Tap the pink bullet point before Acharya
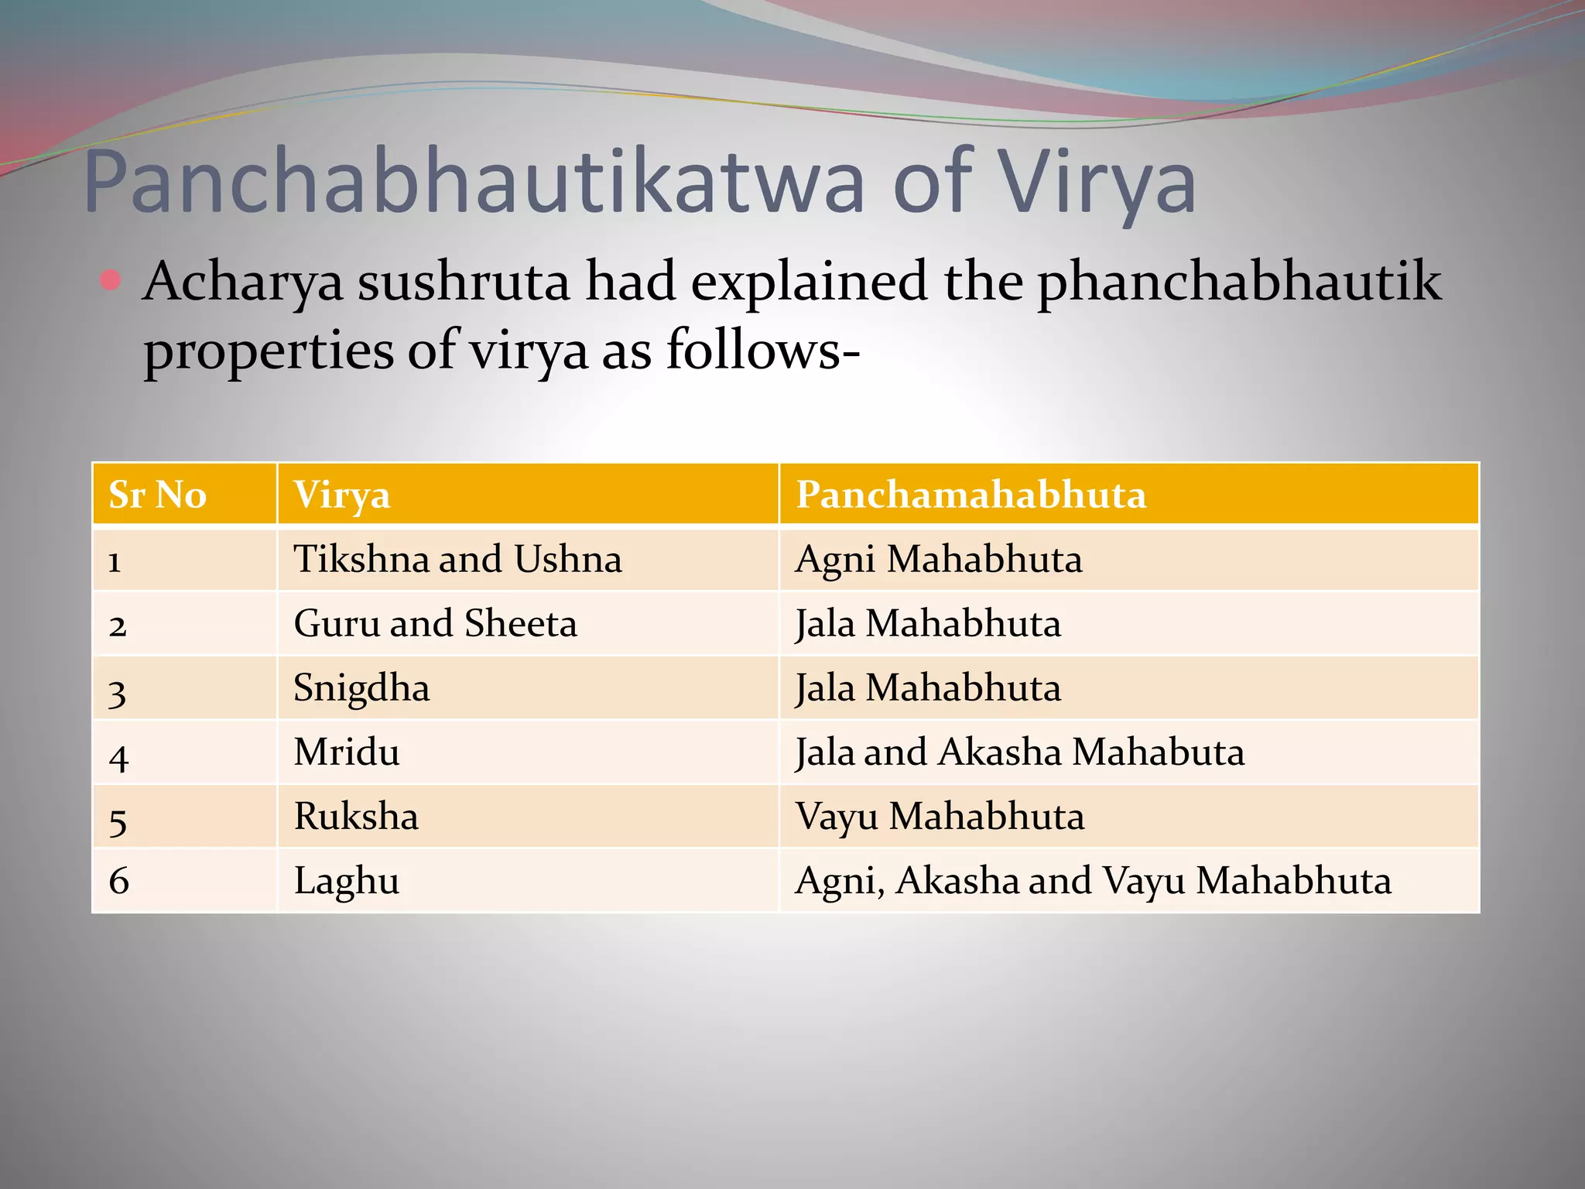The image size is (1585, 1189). (111, 280)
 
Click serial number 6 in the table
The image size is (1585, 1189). (119, 881)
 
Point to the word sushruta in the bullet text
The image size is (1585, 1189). (463, 282)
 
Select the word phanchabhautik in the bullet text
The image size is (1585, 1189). (1238, 282)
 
